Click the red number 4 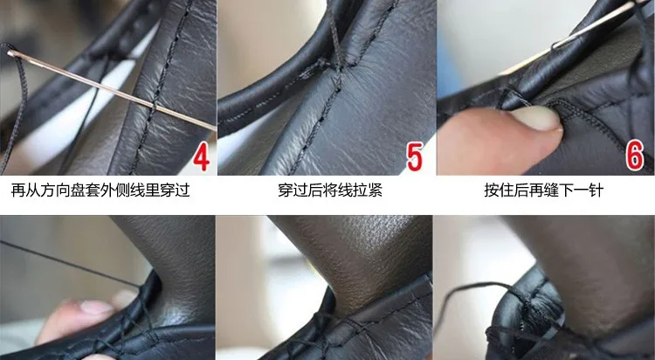click(x=201, y=157)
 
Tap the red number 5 click(x=414, y=156)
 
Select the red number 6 click(x=634, y=156)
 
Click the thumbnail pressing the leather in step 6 click(x=536, y=118)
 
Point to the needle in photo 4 click(x=112, y=90)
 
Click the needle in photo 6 click(x=593, y=24)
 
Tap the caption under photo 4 click(x=100, y=190)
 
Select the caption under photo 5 click(x=330, y=190)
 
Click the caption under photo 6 click(x=544, y=190)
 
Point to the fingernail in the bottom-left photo click(x=96, y=308)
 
